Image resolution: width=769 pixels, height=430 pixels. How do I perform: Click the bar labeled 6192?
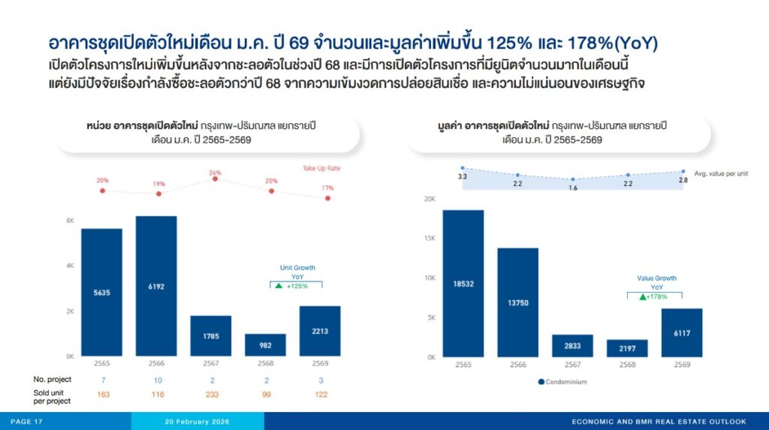(156, 286)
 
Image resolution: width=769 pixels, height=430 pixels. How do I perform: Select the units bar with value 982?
(265, 345)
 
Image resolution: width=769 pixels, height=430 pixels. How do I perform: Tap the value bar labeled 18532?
(463, 284)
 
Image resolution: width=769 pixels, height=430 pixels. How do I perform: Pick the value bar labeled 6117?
(682, 333)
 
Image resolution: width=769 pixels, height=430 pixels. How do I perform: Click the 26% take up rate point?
(215, 179)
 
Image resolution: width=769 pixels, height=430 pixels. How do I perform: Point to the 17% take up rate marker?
(327, 198)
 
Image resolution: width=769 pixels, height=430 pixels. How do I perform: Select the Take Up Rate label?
(321, 168)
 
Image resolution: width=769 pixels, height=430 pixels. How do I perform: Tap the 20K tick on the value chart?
(430, 199)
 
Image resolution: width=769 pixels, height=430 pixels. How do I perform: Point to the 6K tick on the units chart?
(70, 221)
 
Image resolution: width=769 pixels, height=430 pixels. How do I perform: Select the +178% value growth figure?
(656, 296)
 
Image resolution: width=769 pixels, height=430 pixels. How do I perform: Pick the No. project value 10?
(158, 380)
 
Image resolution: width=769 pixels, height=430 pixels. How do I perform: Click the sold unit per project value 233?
(212, 394)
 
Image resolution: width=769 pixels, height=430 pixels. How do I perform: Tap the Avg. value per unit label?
(721, 173)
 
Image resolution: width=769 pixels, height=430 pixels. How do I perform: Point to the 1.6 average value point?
(573, 179)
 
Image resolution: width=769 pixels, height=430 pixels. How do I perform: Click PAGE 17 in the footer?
(26, 422)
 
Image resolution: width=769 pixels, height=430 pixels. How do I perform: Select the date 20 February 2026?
(198, 422)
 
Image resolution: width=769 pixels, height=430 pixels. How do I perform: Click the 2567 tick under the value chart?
(572, 365)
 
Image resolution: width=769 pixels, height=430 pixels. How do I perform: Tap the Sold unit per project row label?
(52, 397)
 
